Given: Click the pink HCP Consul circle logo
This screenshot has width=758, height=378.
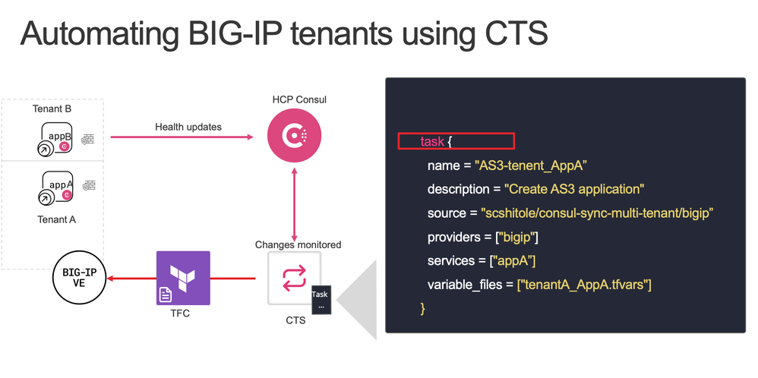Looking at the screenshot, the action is tap(295, 137).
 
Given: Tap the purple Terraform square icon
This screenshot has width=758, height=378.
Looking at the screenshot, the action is tap(183, 278).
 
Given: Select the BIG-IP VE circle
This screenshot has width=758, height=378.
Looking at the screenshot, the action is tap(79, 278).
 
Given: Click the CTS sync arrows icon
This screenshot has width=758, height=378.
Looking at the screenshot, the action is tap(295, 278).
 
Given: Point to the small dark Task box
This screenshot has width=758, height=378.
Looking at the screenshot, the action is tap(321, 299).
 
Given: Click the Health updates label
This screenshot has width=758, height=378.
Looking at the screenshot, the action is tap(188, 127).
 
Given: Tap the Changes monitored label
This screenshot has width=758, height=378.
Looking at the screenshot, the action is tap(298, 244).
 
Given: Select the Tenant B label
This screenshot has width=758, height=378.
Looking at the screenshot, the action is tap(52, 109).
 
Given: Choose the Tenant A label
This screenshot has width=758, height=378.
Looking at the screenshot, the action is tap(56, 219).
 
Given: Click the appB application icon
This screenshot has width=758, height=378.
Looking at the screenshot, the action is tap(55, 139).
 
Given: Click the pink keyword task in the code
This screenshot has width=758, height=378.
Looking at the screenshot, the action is tap(432, 142).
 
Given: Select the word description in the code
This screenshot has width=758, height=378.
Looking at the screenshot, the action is tap(458, 189).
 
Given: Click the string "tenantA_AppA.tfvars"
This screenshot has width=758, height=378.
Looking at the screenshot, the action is tap(584, 285).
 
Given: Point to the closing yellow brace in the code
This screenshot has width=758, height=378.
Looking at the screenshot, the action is tap(422, 308).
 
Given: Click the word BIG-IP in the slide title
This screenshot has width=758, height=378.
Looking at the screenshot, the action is tap(232, 33).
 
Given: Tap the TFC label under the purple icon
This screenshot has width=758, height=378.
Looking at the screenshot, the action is tap(180, 313).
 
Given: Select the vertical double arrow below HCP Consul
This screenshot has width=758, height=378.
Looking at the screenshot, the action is tap(294, 203).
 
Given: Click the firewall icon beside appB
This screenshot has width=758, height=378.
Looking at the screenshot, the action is tap(88, 139).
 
